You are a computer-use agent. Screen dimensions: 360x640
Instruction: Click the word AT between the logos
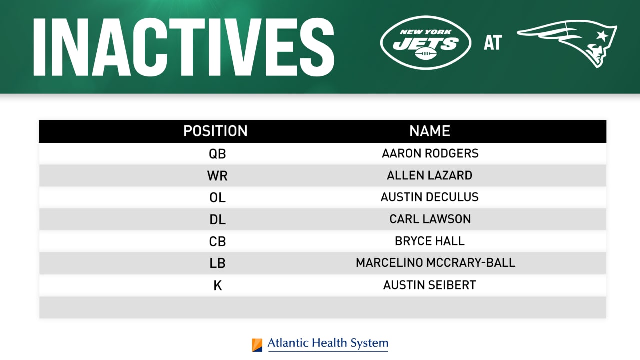(492, 43)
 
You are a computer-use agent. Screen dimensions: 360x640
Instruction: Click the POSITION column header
(215, 131)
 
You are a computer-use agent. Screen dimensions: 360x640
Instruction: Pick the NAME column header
(430, 131)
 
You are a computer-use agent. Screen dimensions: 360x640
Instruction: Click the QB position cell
(217, 153)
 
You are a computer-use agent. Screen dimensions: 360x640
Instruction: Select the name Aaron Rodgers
(430, 153)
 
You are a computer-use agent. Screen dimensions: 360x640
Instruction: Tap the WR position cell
(217, 175)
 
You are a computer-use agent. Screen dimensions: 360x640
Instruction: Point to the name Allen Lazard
(430, 175)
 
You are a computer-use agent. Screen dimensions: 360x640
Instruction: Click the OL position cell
(217, 197)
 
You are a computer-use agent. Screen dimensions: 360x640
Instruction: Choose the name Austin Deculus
(430, 197)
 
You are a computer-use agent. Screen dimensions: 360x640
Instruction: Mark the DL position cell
(217, 219)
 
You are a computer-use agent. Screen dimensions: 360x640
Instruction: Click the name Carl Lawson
(430, 219)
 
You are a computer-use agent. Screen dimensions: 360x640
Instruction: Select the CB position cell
(217, 241)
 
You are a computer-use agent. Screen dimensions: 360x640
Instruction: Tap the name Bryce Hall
(430, 241)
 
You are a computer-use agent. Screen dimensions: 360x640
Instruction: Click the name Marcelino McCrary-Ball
(435, 263)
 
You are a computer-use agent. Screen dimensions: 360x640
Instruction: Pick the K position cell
(217, 285)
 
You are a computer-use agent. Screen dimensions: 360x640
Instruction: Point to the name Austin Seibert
(430, 285)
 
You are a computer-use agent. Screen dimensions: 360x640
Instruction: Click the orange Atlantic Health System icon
(257, 345)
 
